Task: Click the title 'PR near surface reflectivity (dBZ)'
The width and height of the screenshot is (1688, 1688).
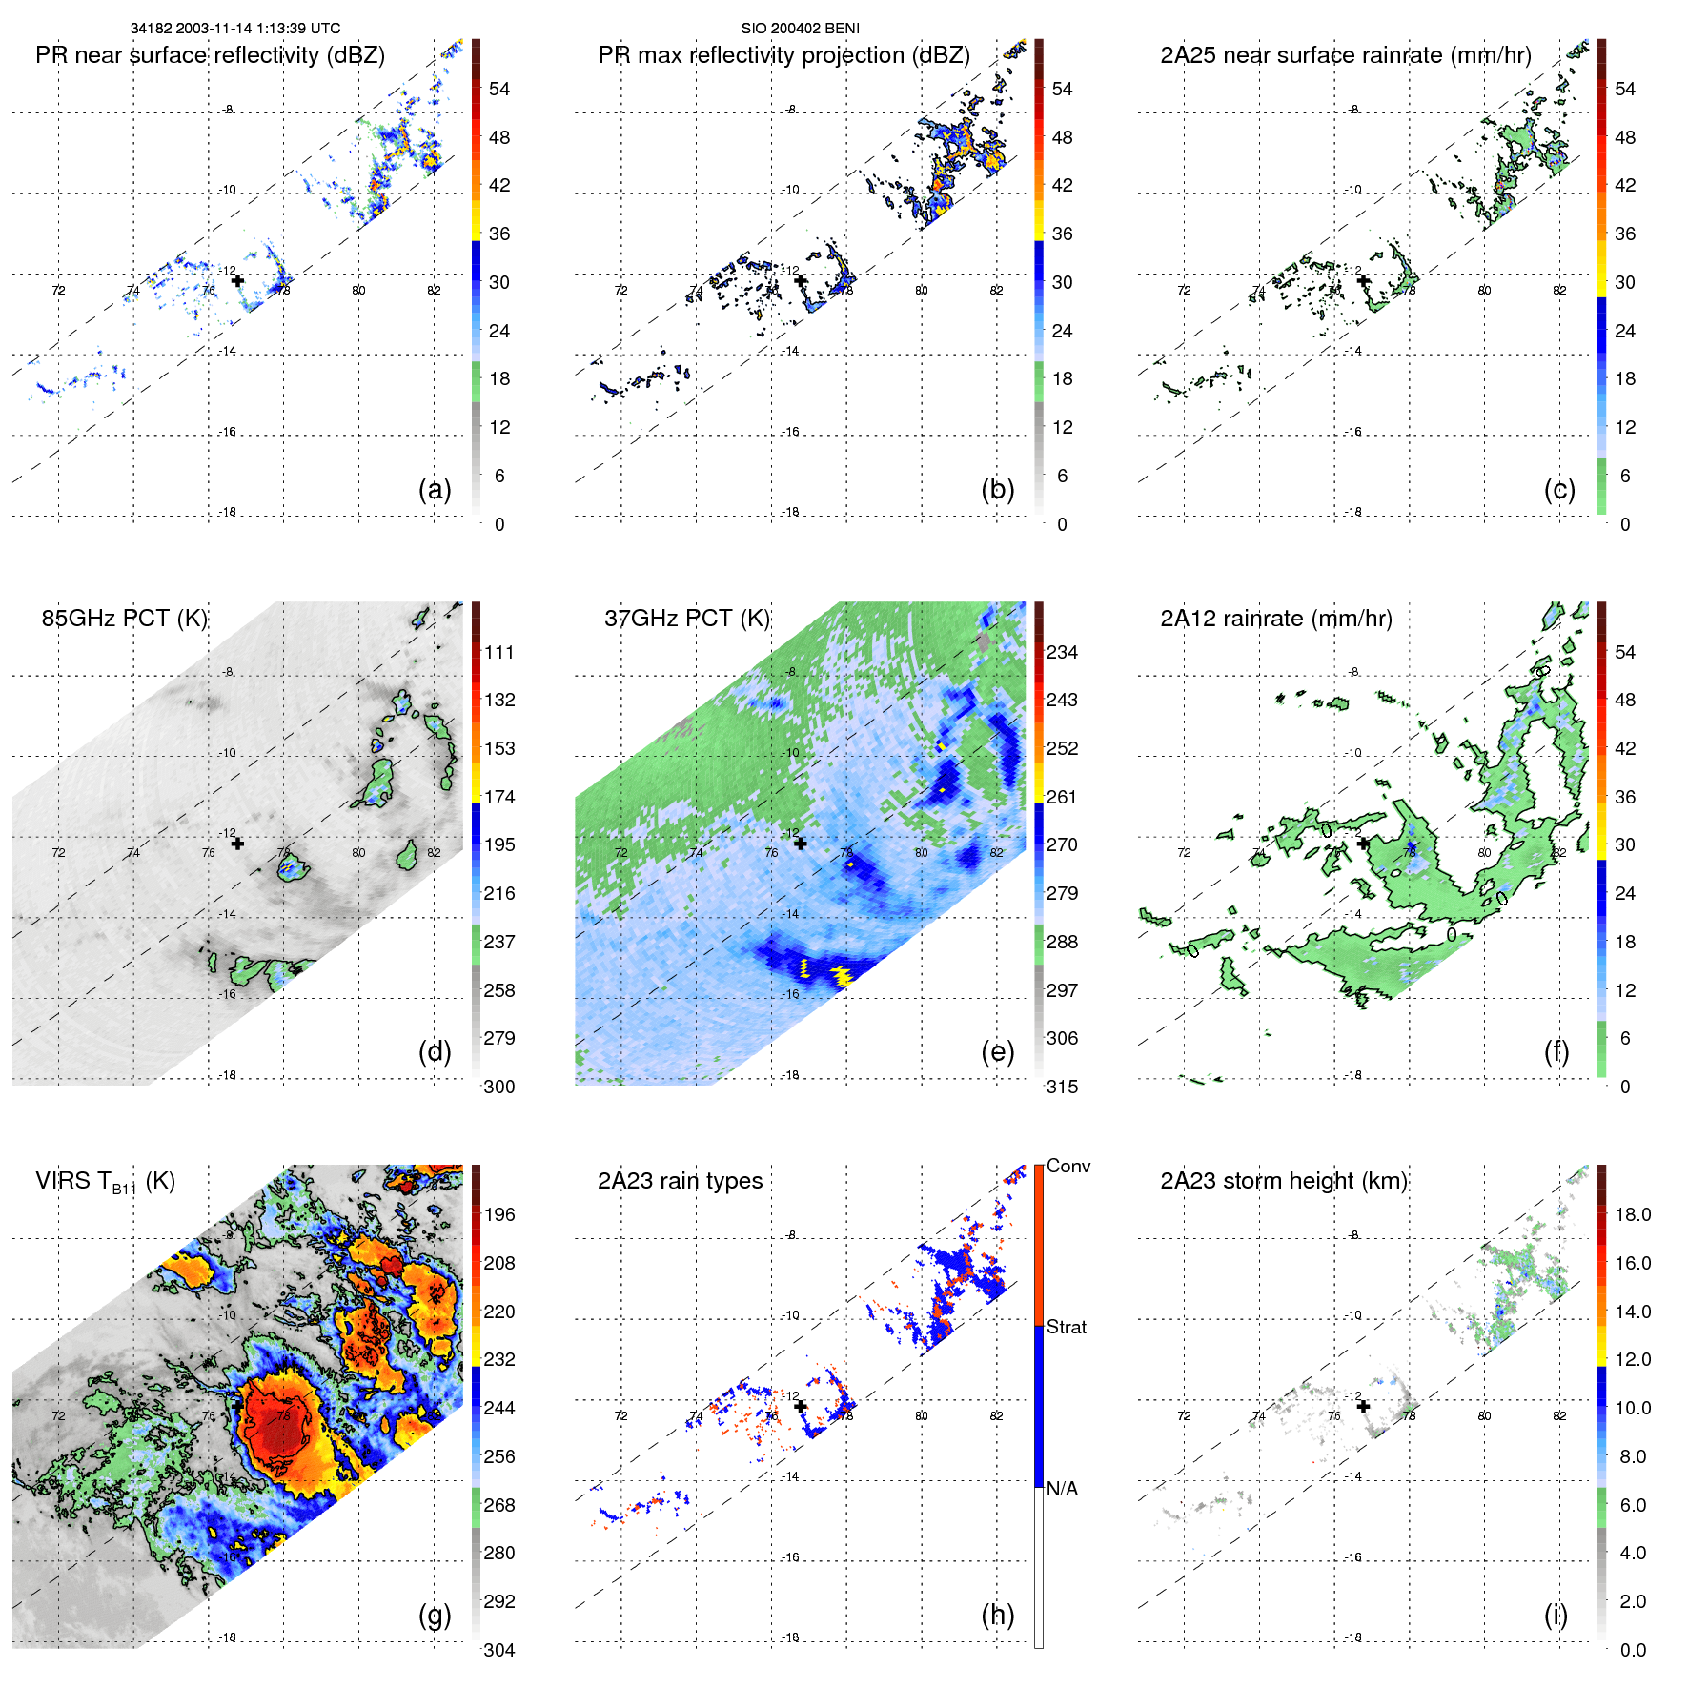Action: pyautogui.click(x=210, y=55)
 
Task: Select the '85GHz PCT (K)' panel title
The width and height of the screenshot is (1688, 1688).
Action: pyautogui.click(x=124, y=618)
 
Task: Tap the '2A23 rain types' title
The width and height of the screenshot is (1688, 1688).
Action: pyautogui.click(x=680, y=1181)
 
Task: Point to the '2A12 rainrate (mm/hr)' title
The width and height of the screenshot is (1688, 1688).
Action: pyautogui.click(x=1275, y=618)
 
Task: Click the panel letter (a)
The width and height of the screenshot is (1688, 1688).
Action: pyautogui.click(x=435, y=489)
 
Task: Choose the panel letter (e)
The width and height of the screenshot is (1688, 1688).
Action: pyautogui.click(x=997, y=1051)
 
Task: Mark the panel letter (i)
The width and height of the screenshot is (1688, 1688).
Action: pyautogui.click(x=1556, y=1615)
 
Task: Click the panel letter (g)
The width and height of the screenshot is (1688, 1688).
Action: pyautogui.click(x=435, y=1615)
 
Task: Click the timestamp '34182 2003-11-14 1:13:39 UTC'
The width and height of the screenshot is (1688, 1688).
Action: pyautogui.click(x=234, y=29)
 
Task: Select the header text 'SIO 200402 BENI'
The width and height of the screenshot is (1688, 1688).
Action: pyautogui.click(x=800, y=29)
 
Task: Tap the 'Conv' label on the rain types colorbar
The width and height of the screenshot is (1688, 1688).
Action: pyautogui.click(x=1068, y=1166)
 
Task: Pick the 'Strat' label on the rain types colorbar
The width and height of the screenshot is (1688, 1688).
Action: pyautogui.click(x=1067, y=1327)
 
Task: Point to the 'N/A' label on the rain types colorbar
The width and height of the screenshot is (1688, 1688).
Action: pyautogui.click(x=1062, y=1489)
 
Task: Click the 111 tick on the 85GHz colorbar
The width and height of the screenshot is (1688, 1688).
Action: pyautogui.click(x=499, y=652)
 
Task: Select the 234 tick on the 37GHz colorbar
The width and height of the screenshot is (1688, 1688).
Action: pyautogui.click(x=1062, y=652)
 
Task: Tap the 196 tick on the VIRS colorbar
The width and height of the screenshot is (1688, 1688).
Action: pyautogui.click(x=499, y=1214)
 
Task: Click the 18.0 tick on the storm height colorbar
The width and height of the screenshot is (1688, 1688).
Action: pyautogui.click(x=1633, y=1214)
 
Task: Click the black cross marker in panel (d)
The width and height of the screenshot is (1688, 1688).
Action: pyautogui.click(x=237, y=844)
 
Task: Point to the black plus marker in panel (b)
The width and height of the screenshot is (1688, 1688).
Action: pyautogui.click(x=801, y=280)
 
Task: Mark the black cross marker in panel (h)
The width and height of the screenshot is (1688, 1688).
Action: pyautogui.click(x=801, y=1406)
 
